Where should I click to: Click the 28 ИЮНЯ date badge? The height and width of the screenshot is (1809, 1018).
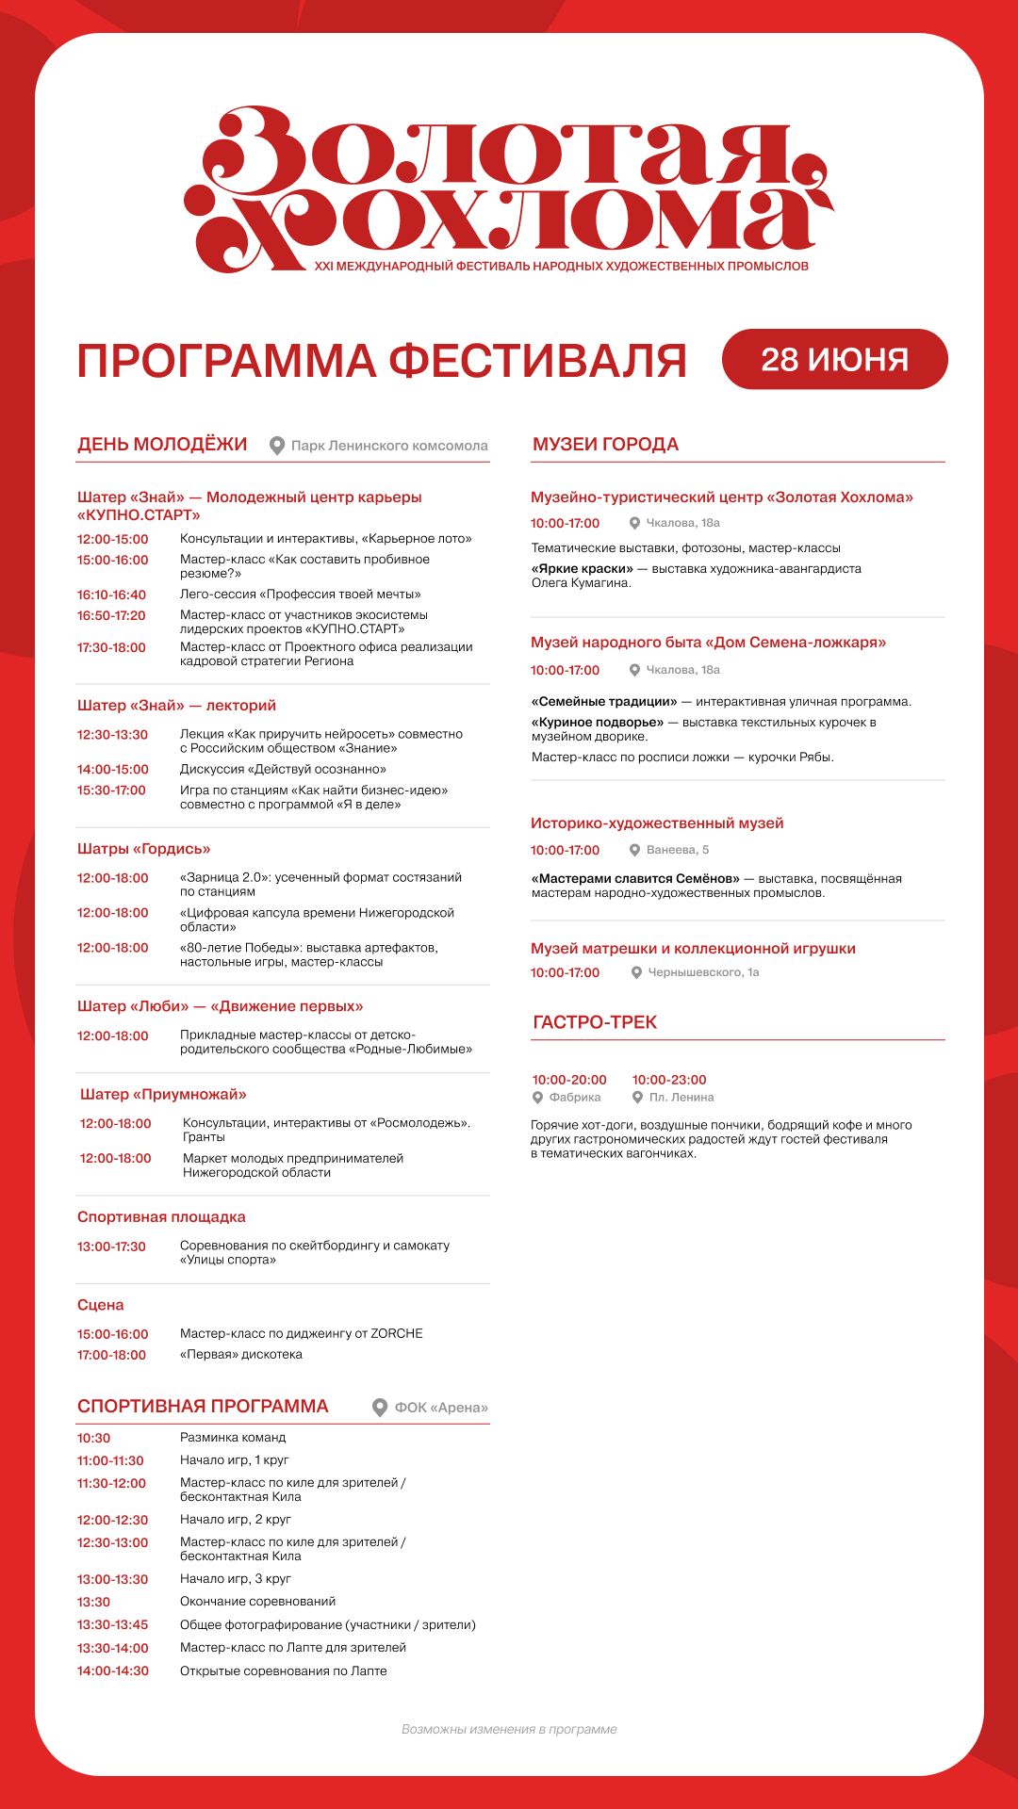pos(834,359)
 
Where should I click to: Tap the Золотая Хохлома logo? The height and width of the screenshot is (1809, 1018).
pos(509,188)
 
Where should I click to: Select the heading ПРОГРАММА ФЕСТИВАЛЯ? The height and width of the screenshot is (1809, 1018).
pos(382,361)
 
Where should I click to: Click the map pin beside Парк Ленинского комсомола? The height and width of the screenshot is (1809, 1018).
pos(277,446)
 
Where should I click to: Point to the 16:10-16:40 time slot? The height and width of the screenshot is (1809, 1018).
pos(111,595)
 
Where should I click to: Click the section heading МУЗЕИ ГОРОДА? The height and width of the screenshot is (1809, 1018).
pos(605,445)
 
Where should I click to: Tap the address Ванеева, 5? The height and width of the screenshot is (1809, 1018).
pos(678,850)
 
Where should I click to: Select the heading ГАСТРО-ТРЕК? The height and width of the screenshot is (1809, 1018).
pos(595,1022)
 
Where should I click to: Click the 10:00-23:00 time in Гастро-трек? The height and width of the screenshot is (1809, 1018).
pos(669,1080)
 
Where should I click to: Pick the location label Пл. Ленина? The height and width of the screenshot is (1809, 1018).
pos(681,1098)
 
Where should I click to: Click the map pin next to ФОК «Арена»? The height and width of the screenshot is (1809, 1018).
pos(380,1408)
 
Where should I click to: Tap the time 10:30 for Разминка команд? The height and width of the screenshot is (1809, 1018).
pos(94,1438)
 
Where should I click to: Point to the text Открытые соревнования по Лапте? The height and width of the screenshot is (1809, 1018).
pos(283,1670)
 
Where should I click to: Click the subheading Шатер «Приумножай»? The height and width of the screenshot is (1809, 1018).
pos(163,1095)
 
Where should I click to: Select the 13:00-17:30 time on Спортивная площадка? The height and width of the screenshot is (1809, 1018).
pos(111,1247)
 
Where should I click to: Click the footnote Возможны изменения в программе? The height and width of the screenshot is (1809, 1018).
pos(509,1729)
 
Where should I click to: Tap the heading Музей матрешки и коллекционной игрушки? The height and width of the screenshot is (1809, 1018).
pos(693,949)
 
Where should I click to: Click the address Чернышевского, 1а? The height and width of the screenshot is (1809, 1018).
pos(703,972)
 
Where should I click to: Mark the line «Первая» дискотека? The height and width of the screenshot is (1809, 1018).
pos(241,1355)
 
